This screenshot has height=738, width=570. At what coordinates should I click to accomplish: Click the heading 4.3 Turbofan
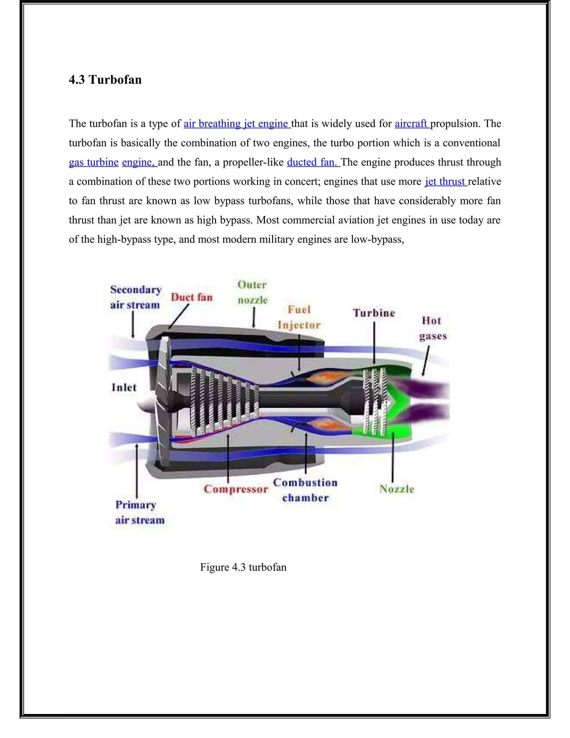pyautogui.click(x=105, y=80)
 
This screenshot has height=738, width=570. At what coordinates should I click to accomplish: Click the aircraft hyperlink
pyautogui.click(x=411, y=124)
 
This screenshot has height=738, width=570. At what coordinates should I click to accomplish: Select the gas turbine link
pyautogui.click(x=94, y=162)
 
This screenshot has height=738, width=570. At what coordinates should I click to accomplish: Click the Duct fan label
pyautogui.click(x=191, y=297)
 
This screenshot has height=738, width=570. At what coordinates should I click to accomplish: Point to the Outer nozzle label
pyautogui.click(x=252, y=292)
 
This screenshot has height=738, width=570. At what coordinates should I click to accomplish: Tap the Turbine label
pyautogui.click(x=374, y=313)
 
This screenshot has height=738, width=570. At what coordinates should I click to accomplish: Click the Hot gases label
pyautogui.click(x=433, y=328)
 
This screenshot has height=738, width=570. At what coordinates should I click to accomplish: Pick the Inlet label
pyautogui.click(x=124, y=387)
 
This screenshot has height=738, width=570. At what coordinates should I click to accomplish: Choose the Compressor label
pyautogui.click(x=236, y=489)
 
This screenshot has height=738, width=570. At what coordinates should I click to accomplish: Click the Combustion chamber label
pyautogui.click(x=305, y=490)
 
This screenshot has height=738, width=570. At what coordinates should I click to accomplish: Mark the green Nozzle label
pyautogui.click(x=397, y=489)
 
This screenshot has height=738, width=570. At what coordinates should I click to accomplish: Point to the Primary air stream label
pyautogui.click(x=139, y=512)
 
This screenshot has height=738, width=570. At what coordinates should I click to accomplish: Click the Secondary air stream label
pyautogui.click(x=136, y=297)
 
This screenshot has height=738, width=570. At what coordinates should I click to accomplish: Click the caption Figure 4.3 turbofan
pyautogui.click(x=243, y=567)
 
